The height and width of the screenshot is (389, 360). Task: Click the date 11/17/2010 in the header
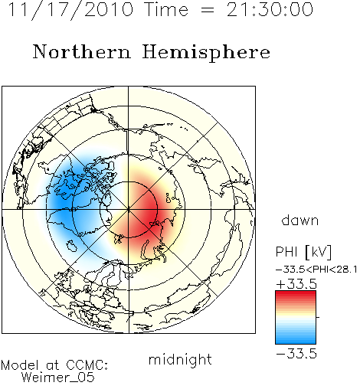70,10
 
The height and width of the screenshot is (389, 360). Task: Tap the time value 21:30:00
270,9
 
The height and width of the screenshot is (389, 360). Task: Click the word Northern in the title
82,52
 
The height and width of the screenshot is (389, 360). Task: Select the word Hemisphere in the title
206,53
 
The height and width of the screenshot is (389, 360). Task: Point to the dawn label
300,220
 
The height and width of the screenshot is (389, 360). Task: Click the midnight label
180,360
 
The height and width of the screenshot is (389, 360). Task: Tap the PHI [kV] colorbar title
303,252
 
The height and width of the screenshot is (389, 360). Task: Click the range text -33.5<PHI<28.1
316,270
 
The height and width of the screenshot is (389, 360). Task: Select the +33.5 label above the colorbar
296,284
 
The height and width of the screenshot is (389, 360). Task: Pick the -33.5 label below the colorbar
296,354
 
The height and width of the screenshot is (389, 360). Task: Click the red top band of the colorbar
296,294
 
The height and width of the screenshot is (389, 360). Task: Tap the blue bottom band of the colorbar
296,340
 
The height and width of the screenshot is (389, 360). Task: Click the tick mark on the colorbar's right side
318,317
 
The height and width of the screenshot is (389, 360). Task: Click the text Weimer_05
58,378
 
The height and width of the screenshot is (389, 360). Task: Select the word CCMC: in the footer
87,365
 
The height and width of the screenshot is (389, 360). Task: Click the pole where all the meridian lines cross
129,209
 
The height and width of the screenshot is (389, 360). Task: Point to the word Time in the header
166,9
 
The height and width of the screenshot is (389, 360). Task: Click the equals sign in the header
208,10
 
